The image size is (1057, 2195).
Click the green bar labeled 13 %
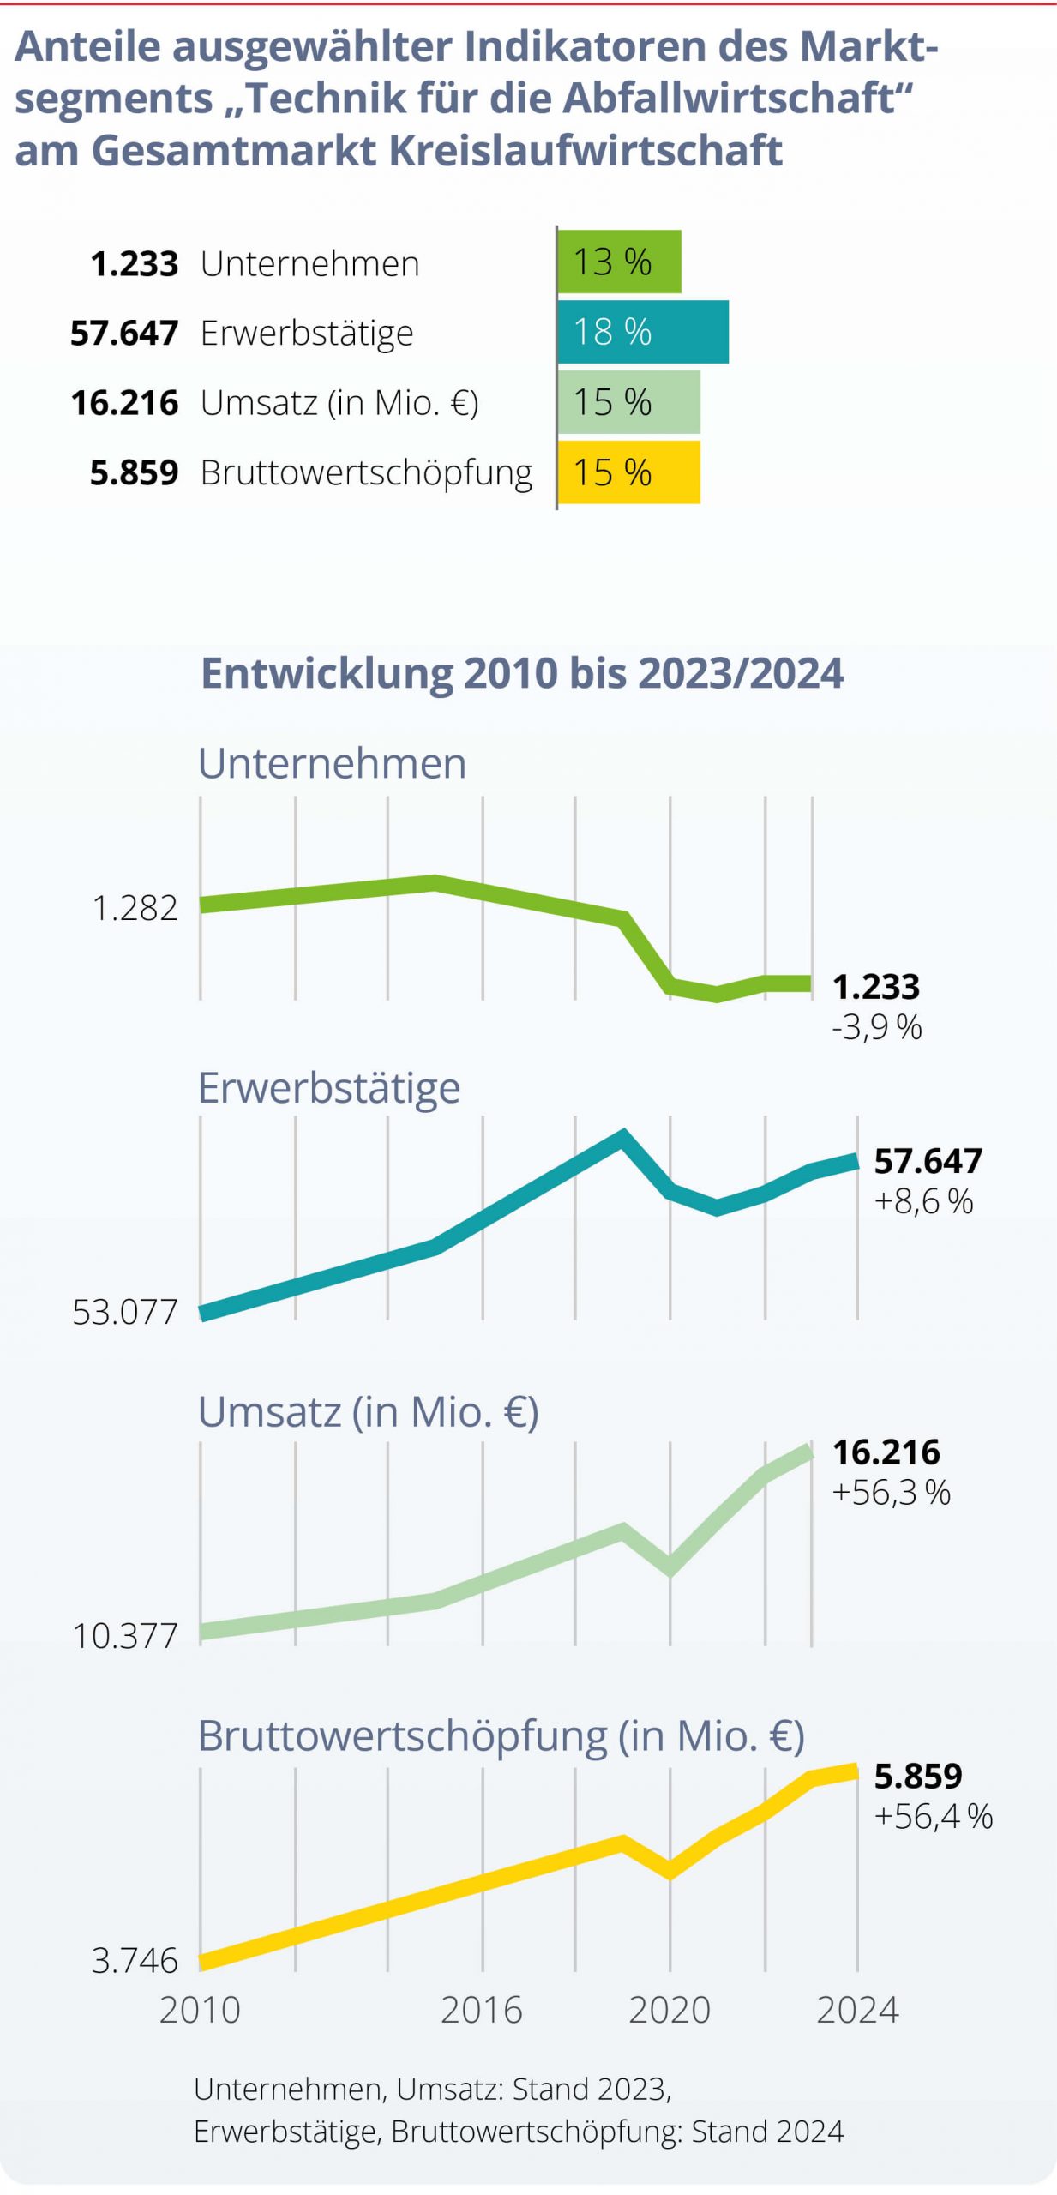point(619,262)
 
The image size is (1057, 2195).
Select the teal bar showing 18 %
point(643,332)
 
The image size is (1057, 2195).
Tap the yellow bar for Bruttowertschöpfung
point(628,472)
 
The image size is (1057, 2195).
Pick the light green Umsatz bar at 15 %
point(628,402)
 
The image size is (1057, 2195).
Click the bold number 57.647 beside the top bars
point(124,333)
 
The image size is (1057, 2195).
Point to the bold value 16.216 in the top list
point(124,403)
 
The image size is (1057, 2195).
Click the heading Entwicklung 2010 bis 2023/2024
point(522,673)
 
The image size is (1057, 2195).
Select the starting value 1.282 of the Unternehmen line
point(135,908)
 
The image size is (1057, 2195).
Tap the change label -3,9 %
point(876,1026)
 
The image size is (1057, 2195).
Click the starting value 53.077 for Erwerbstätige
point(125,1313)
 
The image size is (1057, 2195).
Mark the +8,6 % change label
point(923,1201)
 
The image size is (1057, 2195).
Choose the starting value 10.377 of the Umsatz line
point(125,1636)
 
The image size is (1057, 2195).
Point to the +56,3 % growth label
point(892,1493)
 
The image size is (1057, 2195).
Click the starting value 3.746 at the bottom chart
point(135,1961)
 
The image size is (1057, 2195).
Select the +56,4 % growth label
point(934,1816)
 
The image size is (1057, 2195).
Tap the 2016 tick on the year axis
point(482,2011)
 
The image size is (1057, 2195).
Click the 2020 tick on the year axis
point(670,2011)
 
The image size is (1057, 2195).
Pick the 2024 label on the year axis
point(857,2011)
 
